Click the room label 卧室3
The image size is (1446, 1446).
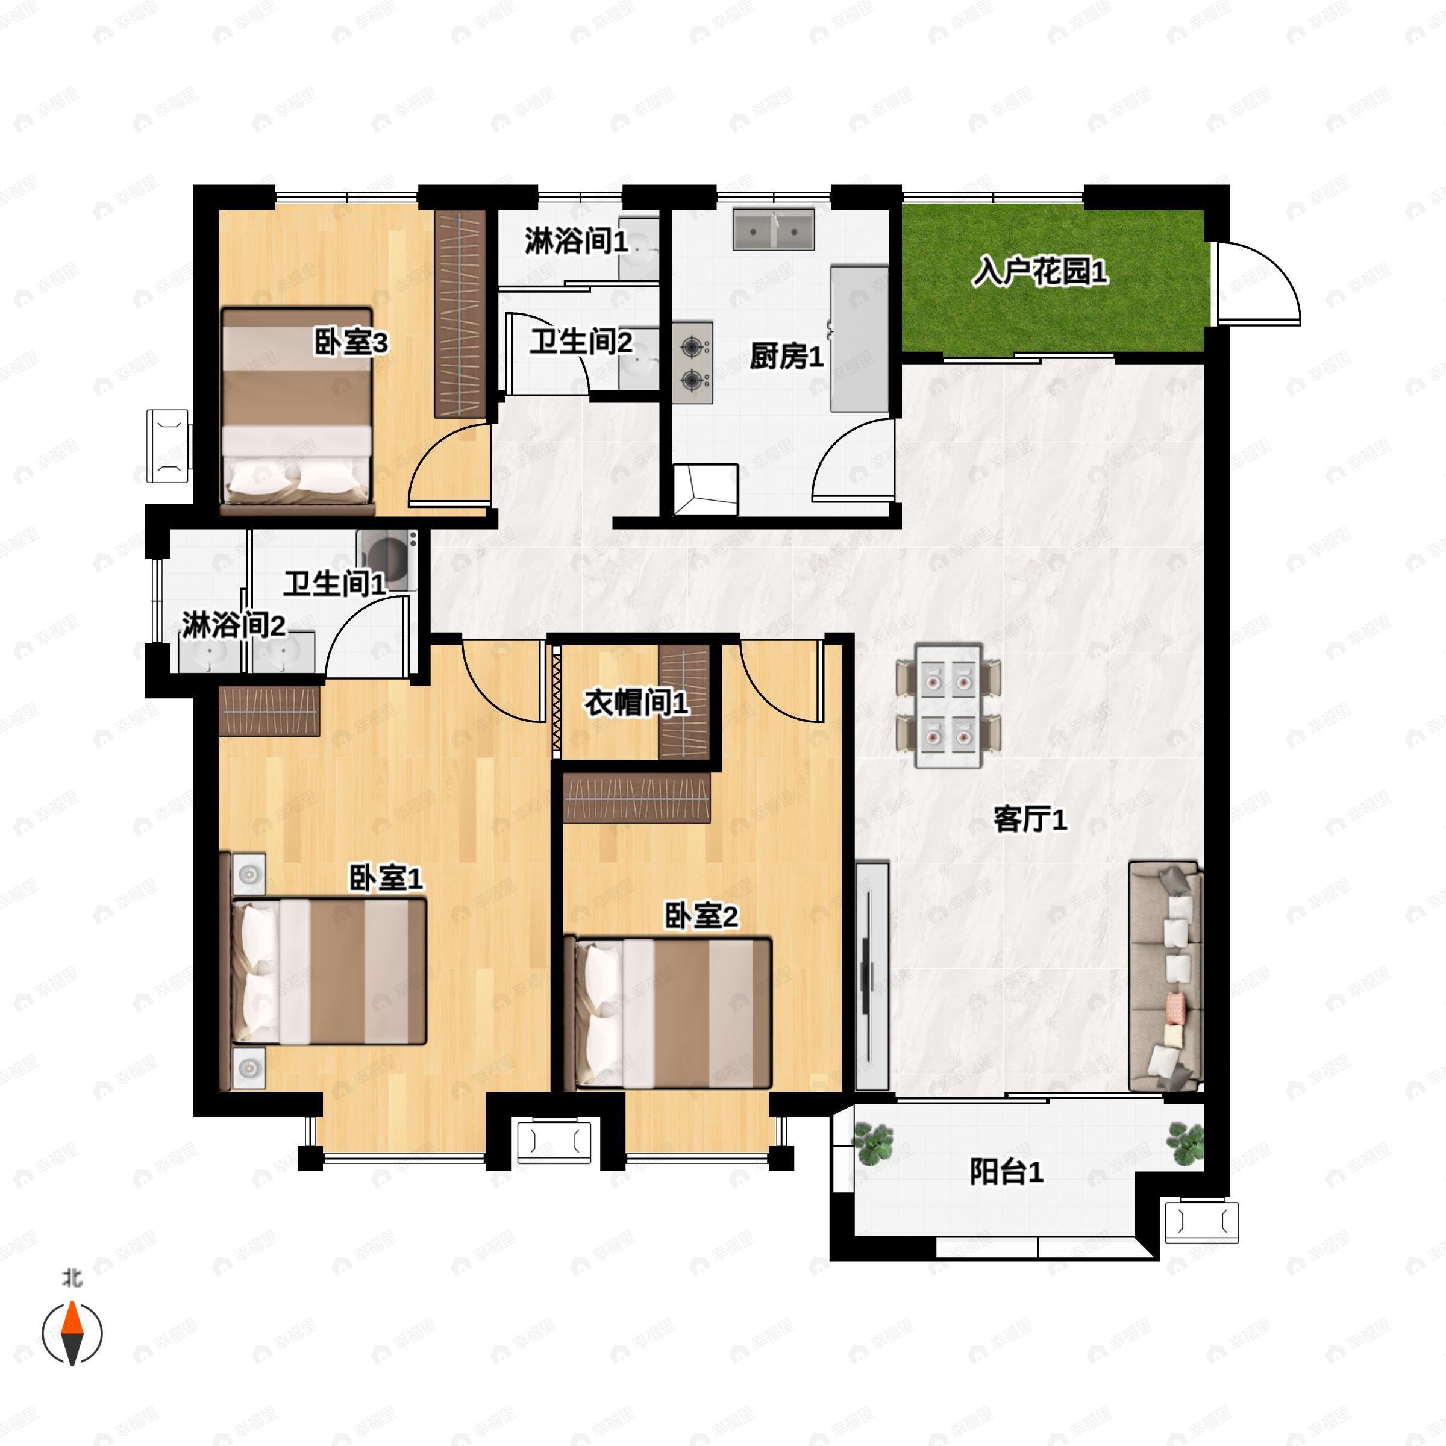[350, 343]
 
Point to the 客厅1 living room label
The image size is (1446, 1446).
[1029, 820]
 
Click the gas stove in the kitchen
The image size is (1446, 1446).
[692, 363]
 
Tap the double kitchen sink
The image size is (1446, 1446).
[773, 230]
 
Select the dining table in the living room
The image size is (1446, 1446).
[948, 706]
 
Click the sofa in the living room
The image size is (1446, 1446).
[1165, 976]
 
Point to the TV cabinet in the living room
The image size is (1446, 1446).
[871, 976]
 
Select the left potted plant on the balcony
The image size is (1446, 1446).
[872, 1144]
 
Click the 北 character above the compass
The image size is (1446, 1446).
[72, 1277]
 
